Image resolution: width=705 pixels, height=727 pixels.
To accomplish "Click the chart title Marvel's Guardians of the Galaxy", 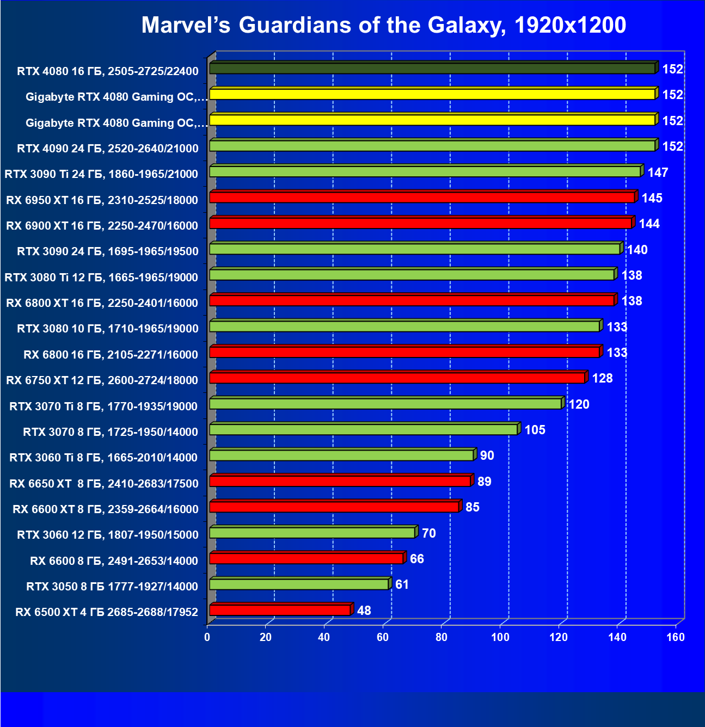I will click(x=383, y=25).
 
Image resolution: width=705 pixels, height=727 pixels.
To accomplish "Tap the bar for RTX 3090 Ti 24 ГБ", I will click(x=425, y=171).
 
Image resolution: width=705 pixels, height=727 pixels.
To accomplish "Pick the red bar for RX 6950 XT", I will click(x=422, y=198).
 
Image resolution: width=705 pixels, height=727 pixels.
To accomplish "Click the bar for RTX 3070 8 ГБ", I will click(x=363, y=429).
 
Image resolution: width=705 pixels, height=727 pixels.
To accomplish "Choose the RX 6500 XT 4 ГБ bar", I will click(x=280, y=610).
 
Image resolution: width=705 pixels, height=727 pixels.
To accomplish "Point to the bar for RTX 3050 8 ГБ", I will click(x=299, y=584).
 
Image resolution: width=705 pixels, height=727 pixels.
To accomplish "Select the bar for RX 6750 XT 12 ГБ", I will click(x=397, y=378).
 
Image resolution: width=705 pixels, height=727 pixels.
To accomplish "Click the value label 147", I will click(x=658, y=172).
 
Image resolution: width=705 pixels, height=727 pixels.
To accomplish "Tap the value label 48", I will click(x=364, y=611).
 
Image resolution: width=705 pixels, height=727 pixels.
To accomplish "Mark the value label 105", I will click(x=535, y=430).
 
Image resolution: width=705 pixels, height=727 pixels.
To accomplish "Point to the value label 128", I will click(x=602, y=378).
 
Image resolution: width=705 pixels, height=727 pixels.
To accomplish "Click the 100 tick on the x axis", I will click(x=500, y=637).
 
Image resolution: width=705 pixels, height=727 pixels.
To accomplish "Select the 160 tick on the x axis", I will click(x=676, y=637).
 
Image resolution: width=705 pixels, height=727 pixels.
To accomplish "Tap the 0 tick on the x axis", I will click(x=207, y=637).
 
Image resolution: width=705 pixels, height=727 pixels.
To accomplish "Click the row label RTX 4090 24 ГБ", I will click(x=108, y=149).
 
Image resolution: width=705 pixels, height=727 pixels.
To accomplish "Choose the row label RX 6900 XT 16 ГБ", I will click(x=102, y=226).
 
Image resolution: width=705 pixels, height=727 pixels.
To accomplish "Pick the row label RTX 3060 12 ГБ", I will click(x=108, y=535).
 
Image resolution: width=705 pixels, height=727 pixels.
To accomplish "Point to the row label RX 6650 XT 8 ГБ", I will click(x=104, y=483).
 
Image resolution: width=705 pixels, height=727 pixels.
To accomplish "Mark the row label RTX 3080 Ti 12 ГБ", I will click(x=101, y=278).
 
